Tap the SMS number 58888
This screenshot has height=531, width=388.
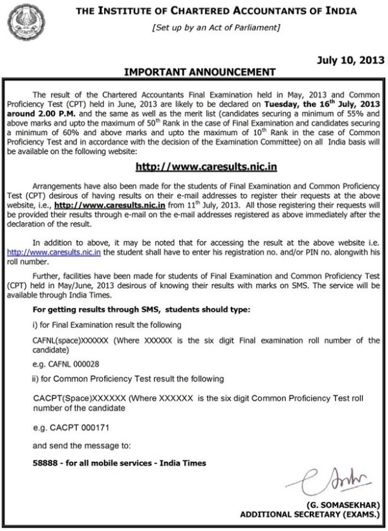point(46,463)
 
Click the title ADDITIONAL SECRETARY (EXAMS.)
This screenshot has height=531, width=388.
point(310,515)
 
